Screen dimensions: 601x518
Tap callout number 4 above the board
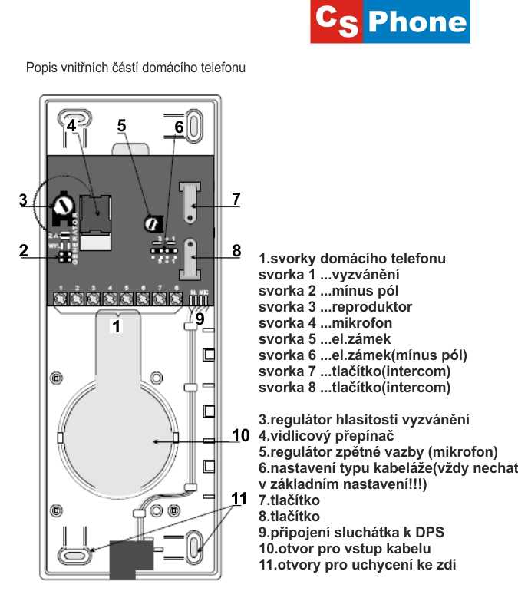click(x=71, y=125)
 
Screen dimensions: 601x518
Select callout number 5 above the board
click(x=121, y=125)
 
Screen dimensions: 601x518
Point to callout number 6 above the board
click(x=179, y=127)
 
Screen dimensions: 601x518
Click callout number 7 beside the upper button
click(x=236, y=199)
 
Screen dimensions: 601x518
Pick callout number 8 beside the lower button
click(x=236, y=250)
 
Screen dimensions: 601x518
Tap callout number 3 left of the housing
click(x=24, y=200)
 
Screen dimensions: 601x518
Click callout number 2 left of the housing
click(x=24, y=250)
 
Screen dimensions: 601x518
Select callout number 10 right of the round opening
click(x=240, y=436)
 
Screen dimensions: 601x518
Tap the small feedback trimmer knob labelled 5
click(x=152, y=223)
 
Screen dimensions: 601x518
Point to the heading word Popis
click(x=41, y=68)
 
